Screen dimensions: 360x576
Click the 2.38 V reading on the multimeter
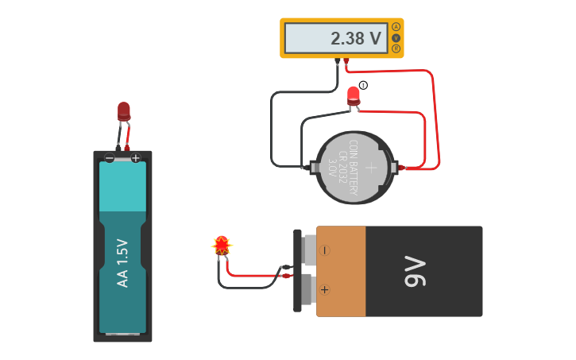click(x=356, y=38)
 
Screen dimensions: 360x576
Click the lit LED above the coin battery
click(x=354, y=95)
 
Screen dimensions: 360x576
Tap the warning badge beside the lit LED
click(x=363, y=85)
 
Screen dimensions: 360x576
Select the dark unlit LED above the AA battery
click(x=123, y=110)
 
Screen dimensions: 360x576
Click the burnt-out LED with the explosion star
click(x=222, y=245)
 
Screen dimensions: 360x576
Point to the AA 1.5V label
click(x=122, y=262)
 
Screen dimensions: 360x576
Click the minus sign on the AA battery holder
click(x=110, y=158)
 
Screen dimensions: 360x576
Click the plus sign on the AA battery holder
click(x=136, y=158)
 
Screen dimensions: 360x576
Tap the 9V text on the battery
click(x=415, y=271)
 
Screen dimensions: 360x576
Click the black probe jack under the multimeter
click(x=338, y=60)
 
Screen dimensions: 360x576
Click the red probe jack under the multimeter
click(x=346, y=60)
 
